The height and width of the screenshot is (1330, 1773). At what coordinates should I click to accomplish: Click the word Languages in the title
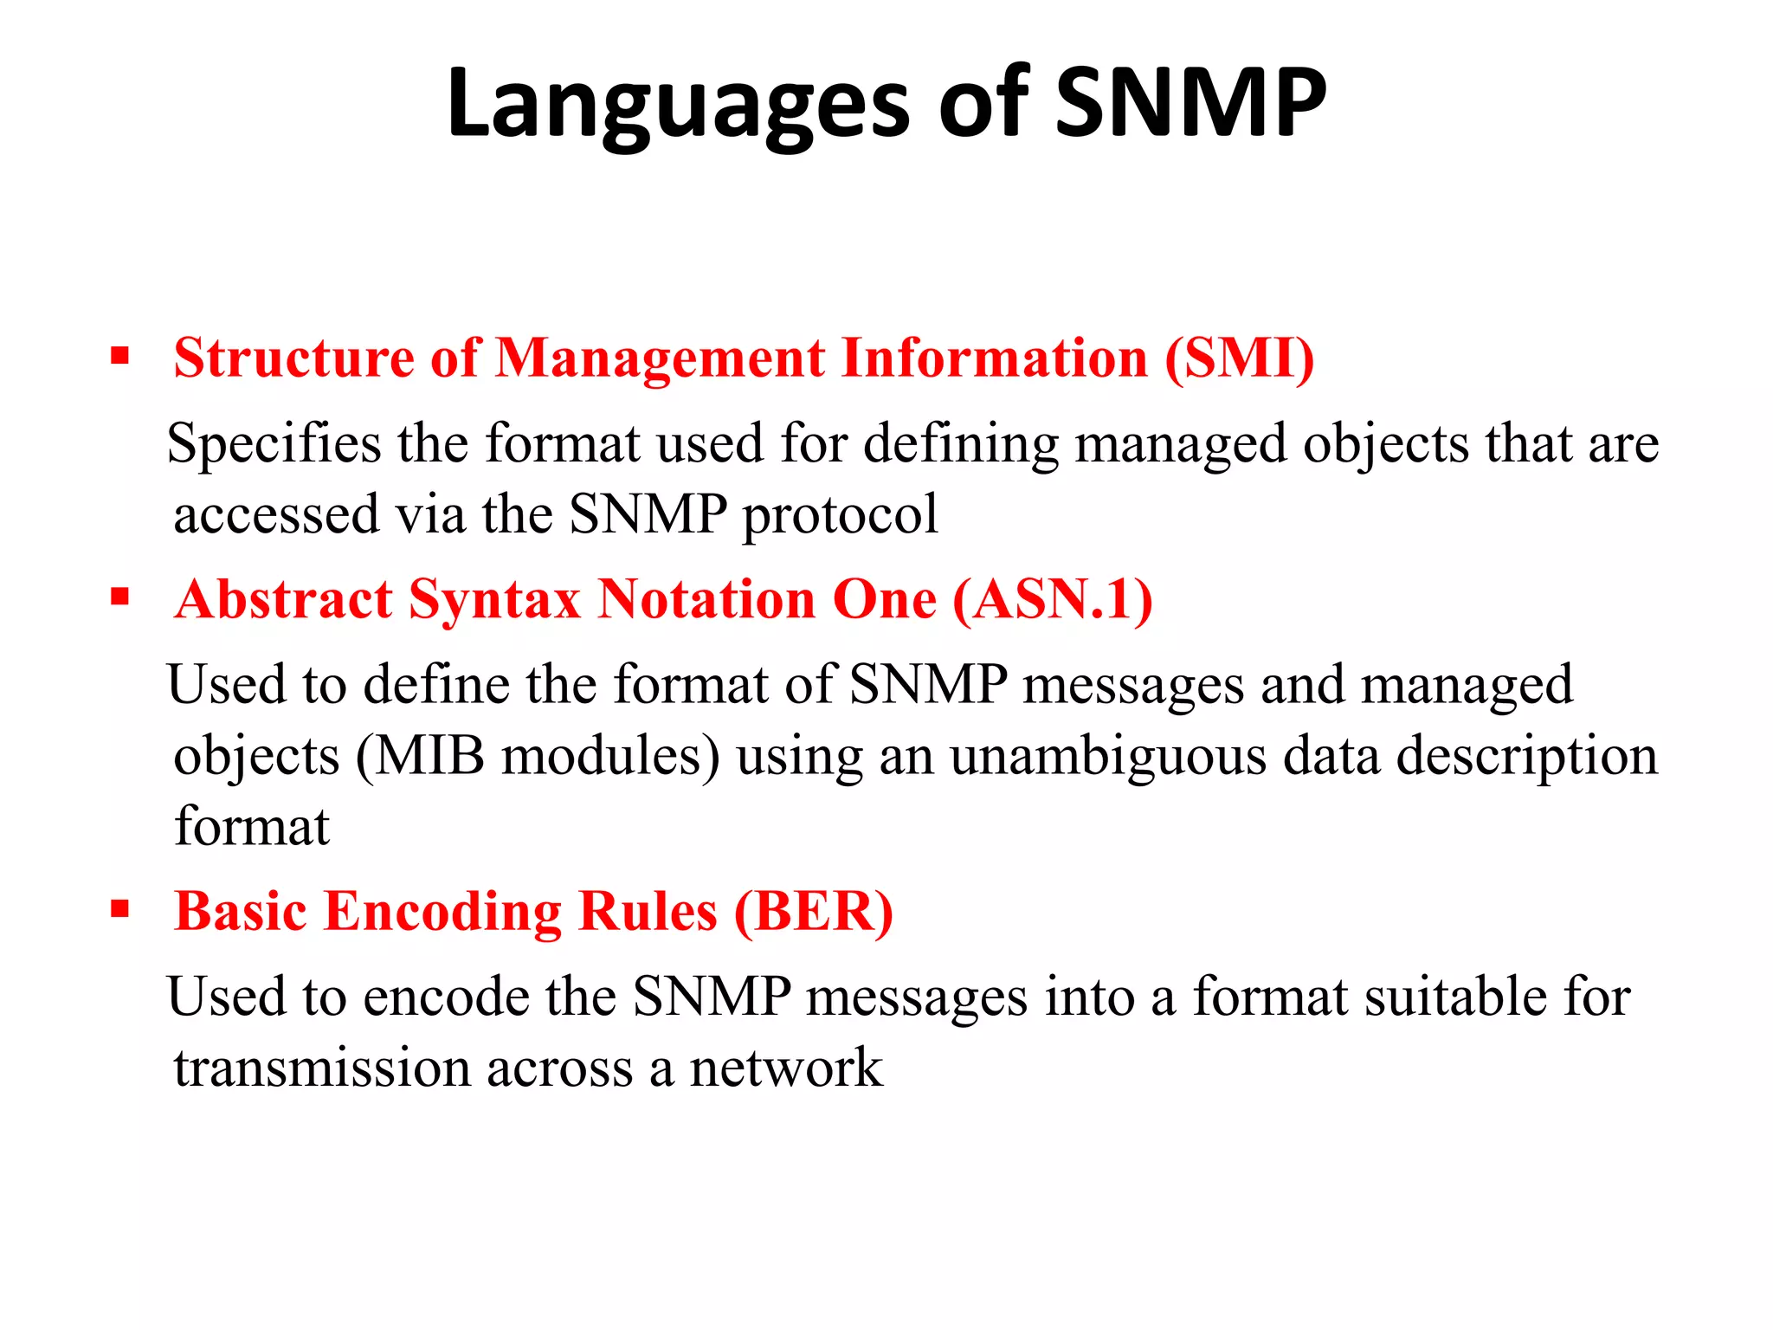[x=678, y=106]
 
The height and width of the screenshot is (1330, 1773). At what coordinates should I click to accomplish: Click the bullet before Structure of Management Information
[x=120, y=356]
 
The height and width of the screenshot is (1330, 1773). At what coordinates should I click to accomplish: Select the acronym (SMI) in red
[x=1240, y=358]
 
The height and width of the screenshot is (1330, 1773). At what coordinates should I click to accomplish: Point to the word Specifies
[x=274, y=444]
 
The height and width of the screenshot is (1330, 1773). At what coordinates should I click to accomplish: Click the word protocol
[x=840, y=515]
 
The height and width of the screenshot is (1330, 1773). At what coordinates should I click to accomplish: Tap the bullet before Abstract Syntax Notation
[x=120, y=597]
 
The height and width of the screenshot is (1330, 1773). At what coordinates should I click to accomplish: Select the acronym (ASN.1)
[x=1053, y=599]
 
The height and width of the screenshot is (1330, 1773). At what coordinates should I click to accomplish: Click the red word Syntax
[x=494, y=601]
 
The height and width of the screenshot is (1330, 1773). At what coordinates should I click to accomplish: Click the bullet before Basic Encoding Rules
[x=120, y=909]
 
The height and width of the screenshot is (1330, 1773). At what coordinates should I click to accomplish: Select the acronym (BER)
[x=814, y=912]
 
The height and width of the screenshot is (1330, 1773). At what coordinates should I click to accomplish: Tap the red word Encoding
[x=442, y=914]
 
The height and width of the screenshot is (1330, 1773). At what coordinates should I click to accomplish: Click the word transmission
[x=321, y=1068]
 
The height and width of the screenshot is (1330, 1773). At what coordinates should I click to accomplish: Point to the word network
[x=785, y=1068]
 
